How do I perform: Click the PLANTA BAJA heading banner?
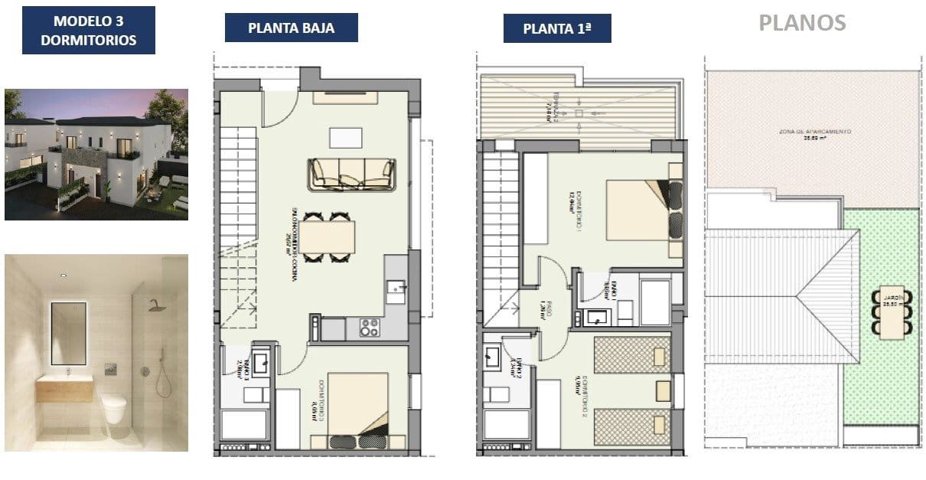pos(291,28)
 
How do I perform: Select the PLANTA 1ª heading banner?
pos(556,29)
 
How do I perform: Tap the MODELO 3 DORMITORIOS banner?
pos(88,31)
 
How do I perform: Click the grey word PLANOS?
pos(802,22)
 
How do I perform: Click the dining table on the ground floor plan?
pos(330,237)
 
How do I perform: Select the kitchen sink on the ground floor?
pos(396,288)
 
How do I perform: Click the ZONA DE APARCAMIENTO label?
pos(814,133)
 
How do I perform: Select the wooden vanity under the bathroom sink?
pos(64,390)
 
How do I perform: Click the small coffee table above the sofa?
pos(347,137)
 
